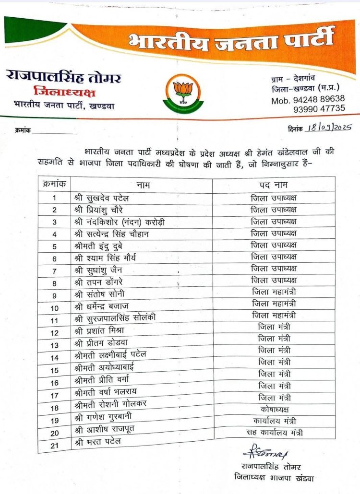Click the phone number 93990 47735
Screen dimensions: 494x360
[319, 109]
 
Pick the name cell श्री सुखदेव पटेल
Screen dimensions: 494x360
[102, 198]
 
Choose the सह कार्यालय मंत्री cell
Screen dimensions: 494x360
[274, 433]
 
